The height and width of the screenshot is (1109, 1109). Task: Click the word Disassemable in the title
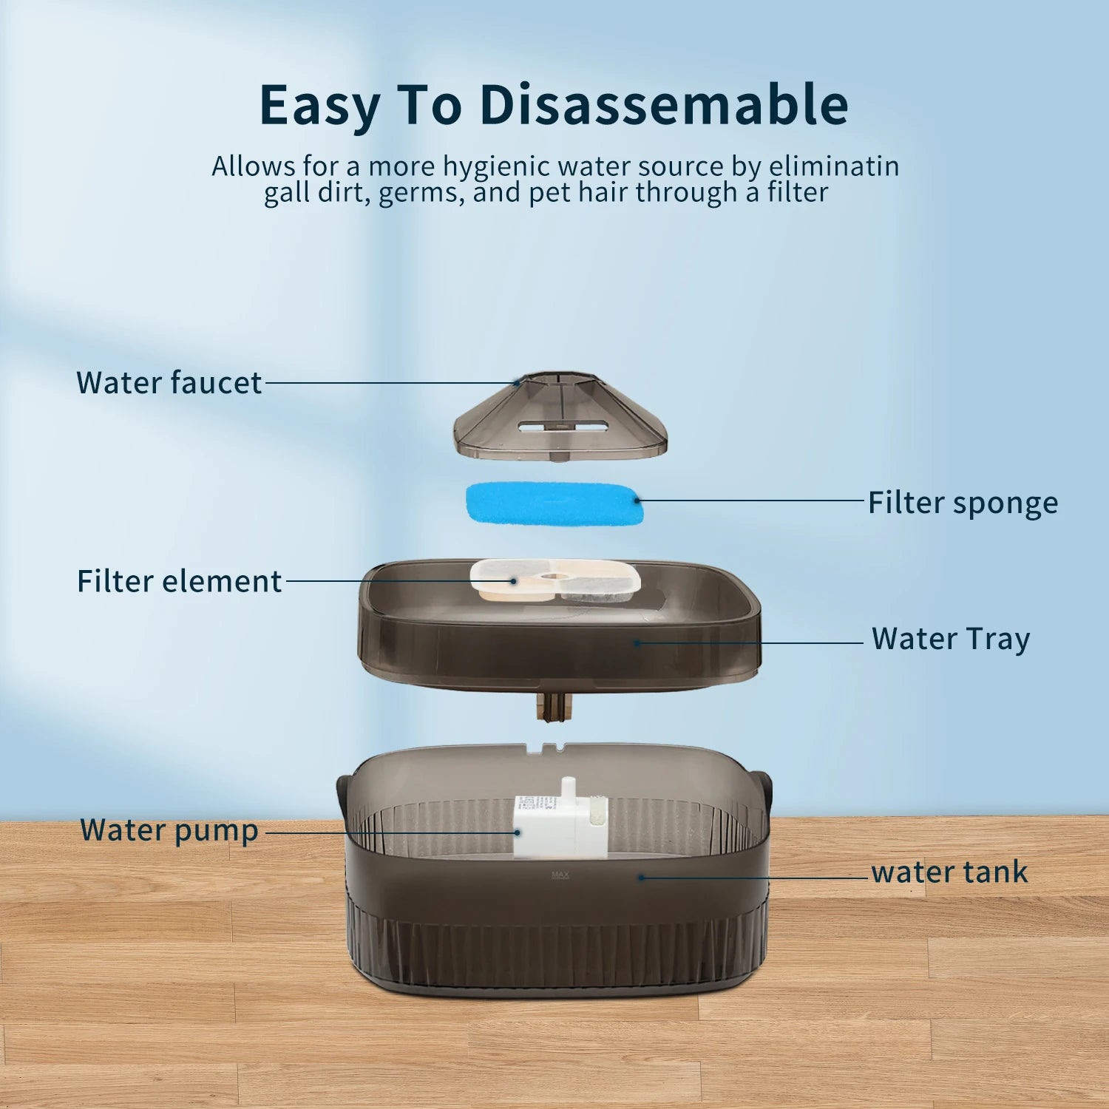click(664, 104)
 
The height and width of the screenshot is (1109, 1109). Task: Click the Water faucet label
click(169, 383)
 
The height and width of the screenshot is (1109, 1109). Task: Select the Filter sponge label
click(963, 503)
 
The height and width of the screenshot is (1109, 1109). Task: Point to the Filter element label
click(180, 581)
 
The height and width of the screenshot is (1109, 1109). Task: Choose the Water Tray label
click(951, 640)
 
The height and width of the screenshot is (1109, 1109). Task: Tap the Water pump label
click(169, 831)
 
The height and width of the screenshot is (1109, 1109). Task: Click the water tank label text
click(949, 872)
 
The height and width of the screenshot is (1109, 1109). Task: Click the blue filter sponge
click(554, 503)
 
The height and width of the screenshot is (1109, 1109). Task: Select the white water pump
click(560, 820)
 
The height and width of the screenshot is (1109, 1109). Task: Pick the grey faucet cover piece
click(560, 417)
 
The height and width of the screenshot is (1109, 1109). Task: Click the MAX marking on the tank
click(560, 875)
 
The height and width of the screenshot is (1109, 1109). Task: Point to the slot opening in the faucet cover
click(563, 427)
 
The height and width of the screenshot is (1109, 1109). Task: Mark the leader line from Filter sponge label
click(749, 501)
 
